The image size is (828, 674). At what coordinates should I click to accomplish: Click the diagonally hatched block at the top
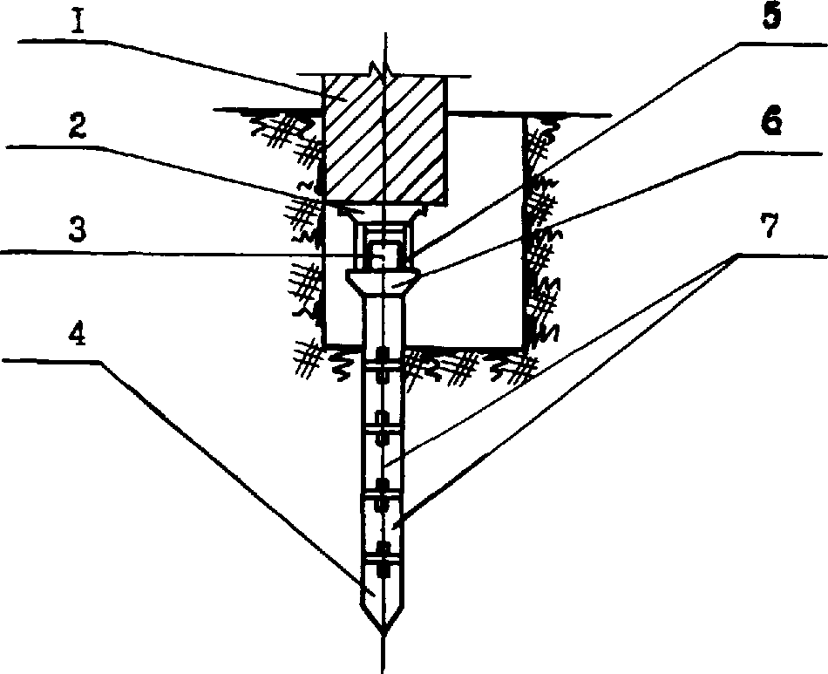coord(383,140)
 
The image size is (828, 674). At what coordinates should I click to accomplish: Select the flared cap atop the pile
coord(383,281)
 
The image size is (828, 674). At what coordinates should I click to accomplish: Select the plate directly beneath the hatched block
coord(383,211)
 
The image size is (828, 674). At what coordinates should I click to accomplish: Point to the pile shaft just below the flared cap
coord(383,323)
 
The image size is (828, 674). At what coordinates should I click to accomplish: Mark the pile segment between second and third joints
coord(383,458)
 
